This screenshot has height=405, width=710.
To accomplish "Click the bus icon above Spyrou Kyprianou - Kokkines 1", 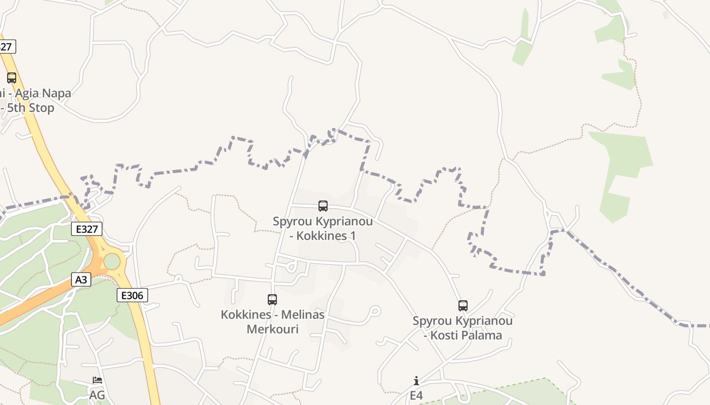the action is pos(323,206).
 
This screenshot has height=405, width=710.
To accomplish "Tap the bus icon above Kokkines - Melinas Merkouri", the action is pos(272,300).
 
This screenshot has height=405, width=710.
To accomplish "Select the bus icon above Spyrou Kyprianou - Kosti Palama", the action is pos(463,306).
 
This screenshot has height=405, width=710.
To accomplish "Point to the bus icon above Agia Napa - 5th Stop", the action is pos(12,78).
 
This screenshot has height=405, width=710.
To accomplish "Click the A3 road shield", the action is pos(81,279).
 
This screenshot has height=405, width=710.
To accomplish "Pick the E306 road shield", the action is pos(132,295).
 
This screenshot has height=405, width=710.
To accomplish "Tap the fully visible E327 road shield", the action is pos(86,229).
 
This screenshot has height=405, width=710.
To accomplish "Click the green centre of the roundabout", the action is pos(112,262).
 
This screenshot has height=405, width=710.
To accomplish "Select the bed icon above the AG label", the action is pos(97,380).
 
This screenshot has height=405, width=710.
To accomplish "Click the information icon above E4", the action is pos(416,381).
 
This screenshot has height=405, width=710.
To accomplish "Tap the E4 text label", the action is pos(416,395).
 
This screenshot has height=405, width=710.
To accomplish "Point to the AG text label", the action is pos(97,395).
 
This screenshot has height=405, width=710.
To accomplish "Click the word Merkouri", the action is pos(272,329).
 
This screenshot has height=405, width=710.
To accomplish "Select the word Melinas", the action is pos(303,314).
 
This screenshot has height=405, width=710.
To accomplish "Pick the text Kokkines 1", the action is pos(326,236).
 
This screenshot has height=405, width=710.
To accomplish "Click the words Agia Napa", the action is pos(43,93).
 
